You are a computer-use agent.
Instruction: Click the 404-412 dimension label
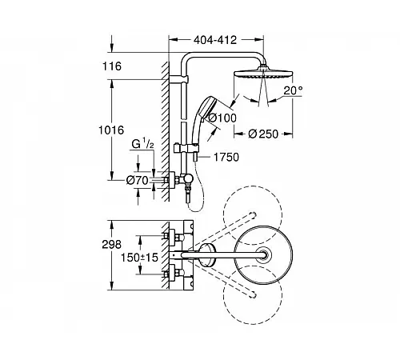pyautogui.click(x=215, y=40)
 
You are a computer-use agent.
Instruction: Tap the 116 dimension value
pyautogui.click(x=112, y=66)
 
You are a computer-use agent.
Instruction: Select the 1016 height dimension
pyautogui.click(x=111, y=130)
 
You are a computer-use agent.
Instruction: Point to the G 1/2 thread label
pyautogui.click(x=143, y=144)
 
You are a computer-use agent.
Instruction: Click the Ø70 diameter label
pyautogui.click(x=138, y=181)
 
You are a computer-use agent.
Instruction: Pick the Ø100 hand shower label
pyautogui.click(x=222, y=118)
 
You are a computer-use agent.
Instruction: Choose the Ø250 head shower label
pyautogui.click(x=263, y=134)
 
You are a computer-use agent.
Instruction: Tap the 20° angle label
pyautogui.click(x=293, y=90)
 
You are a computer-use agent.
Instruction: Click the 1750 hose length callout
pyautogui.click(x=226, y=157)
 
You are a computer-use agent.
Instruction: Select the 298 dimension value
pyautogui.click(x=112, y=244)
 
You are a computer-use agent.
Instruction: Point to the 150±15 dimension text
pyautogui.click(x=139, y=258)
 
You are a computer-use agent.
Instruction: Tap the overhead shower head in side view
pyautogui.click(x=263, y=74)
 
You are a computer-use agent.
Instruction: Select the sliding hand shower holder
pyautogui.click(x=186, y=148)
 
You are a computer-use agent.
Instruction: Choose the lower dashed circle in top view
pyautogui.click(x=253, y=294)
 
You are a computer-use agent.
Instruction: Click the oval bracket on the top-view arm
pyautogui.click(x=207, y=255)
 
